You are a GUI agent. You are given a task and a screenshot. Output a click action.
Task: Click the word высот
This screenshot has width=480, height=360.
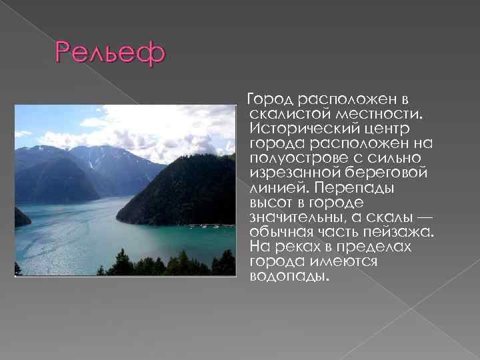click(x=271, y=202)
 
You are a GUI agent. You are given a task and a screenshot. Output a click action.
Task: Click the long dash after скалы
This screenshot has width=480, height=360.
click(x=422, y=217)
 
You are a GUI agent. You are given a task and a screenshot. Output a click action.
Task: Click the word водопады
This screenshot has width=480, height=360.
click(x=289, y=275)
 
